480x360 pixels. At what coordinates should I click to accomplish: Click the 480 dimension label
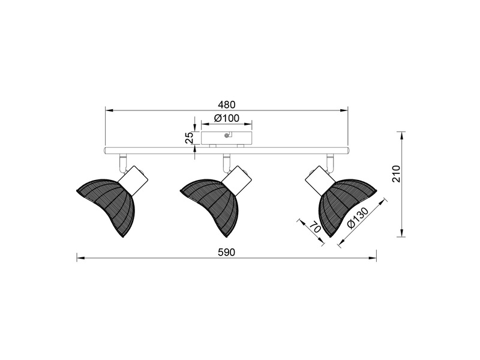pyautogui.click(x=227, y=104)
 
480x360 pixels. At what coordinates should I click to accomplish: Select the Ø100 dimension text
pyautogui.click(x=227, y=118)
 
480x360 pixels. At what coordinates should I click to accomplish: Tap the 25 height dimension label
pyautogui.click(x=190, y=138)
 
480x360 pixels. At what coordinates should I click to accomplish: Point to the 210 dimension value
pyautogui.click(x=396, y=173)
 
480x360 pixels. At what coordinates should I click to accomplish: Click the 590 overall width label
pyautogui.click(x=227, y=252)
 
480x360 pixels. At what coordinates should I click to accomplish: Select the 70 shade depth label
pyautogui.click(x=314, y=227)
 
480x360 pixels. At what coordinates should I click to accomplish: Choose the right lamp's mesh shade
pyautogui.click(x=344, y=206)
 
